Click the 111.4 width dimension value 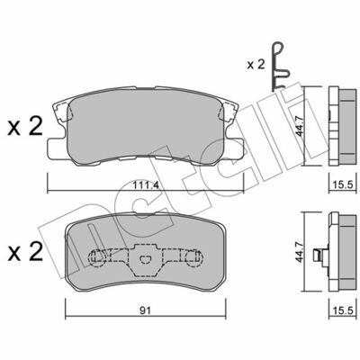[145, 186]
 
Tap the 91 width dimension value [145, 310]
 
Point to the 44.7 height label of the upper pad [300, 126]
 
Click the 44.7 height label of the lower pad [300, 252]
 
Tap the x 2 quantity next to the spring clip [256, 65]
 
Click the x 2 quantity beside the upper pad [25, 126]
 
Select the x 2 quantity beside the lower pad [25, 252]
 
